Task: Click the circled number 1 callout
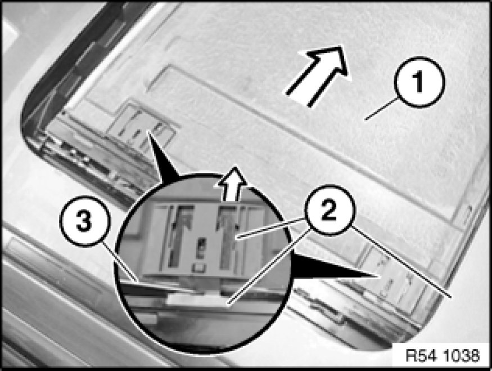pos(419,82)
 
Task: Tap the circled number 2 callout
pos(329,210)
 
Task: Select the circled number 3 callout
pos(85,221)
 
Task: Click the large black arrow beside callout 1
pos(318,75)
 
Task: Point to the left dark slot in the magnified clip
pos(178,235)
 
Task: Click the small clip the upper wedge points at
pos(141,129)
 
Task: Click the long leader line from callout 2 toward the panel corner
pos(401,261)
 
